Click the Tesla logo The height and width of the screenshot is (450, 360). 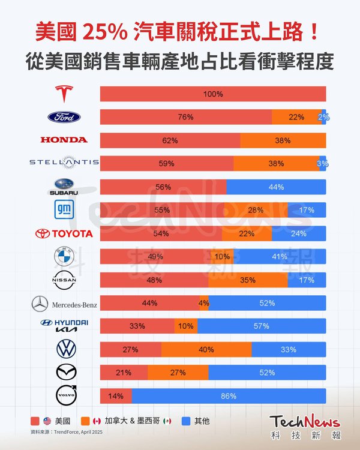click(x=64, y=94)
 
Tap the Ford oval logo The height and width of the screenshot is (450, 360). click(x=64, y=117)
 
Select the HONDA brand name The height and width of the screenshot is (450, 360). click(x=64, y=140)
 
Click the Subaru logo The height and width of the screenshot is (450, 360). click(x=64, y=187)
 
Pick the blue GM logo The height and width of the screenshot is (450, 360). click(x=64, y=209)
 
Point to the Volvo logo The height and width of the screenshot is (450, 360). click(x=65, y=396)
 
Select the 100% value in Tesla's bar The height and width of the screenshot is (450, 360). click(x=213, y=94)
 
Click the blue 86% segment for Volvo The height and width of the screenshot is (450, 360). click(x=229, y=396)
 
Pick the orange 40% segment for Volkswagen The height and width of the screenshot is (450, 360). click(x=206, y=349)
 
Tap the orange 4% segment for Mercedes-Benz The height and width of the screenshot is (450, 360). click(x=204, y=303)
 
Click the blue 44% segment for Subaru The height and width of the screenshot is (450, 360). click(x=276, y=187)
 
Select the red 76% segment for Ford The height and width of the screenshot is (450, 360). click(x=185, y=117)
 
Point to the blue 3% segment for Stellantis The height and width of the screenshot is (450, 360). click(x=323, y=163)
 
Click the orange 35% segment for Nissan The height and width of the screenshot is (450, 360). click(x=248, y=280)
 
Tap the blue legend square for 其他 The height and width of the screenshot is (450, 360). click(x=184, y=421)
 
